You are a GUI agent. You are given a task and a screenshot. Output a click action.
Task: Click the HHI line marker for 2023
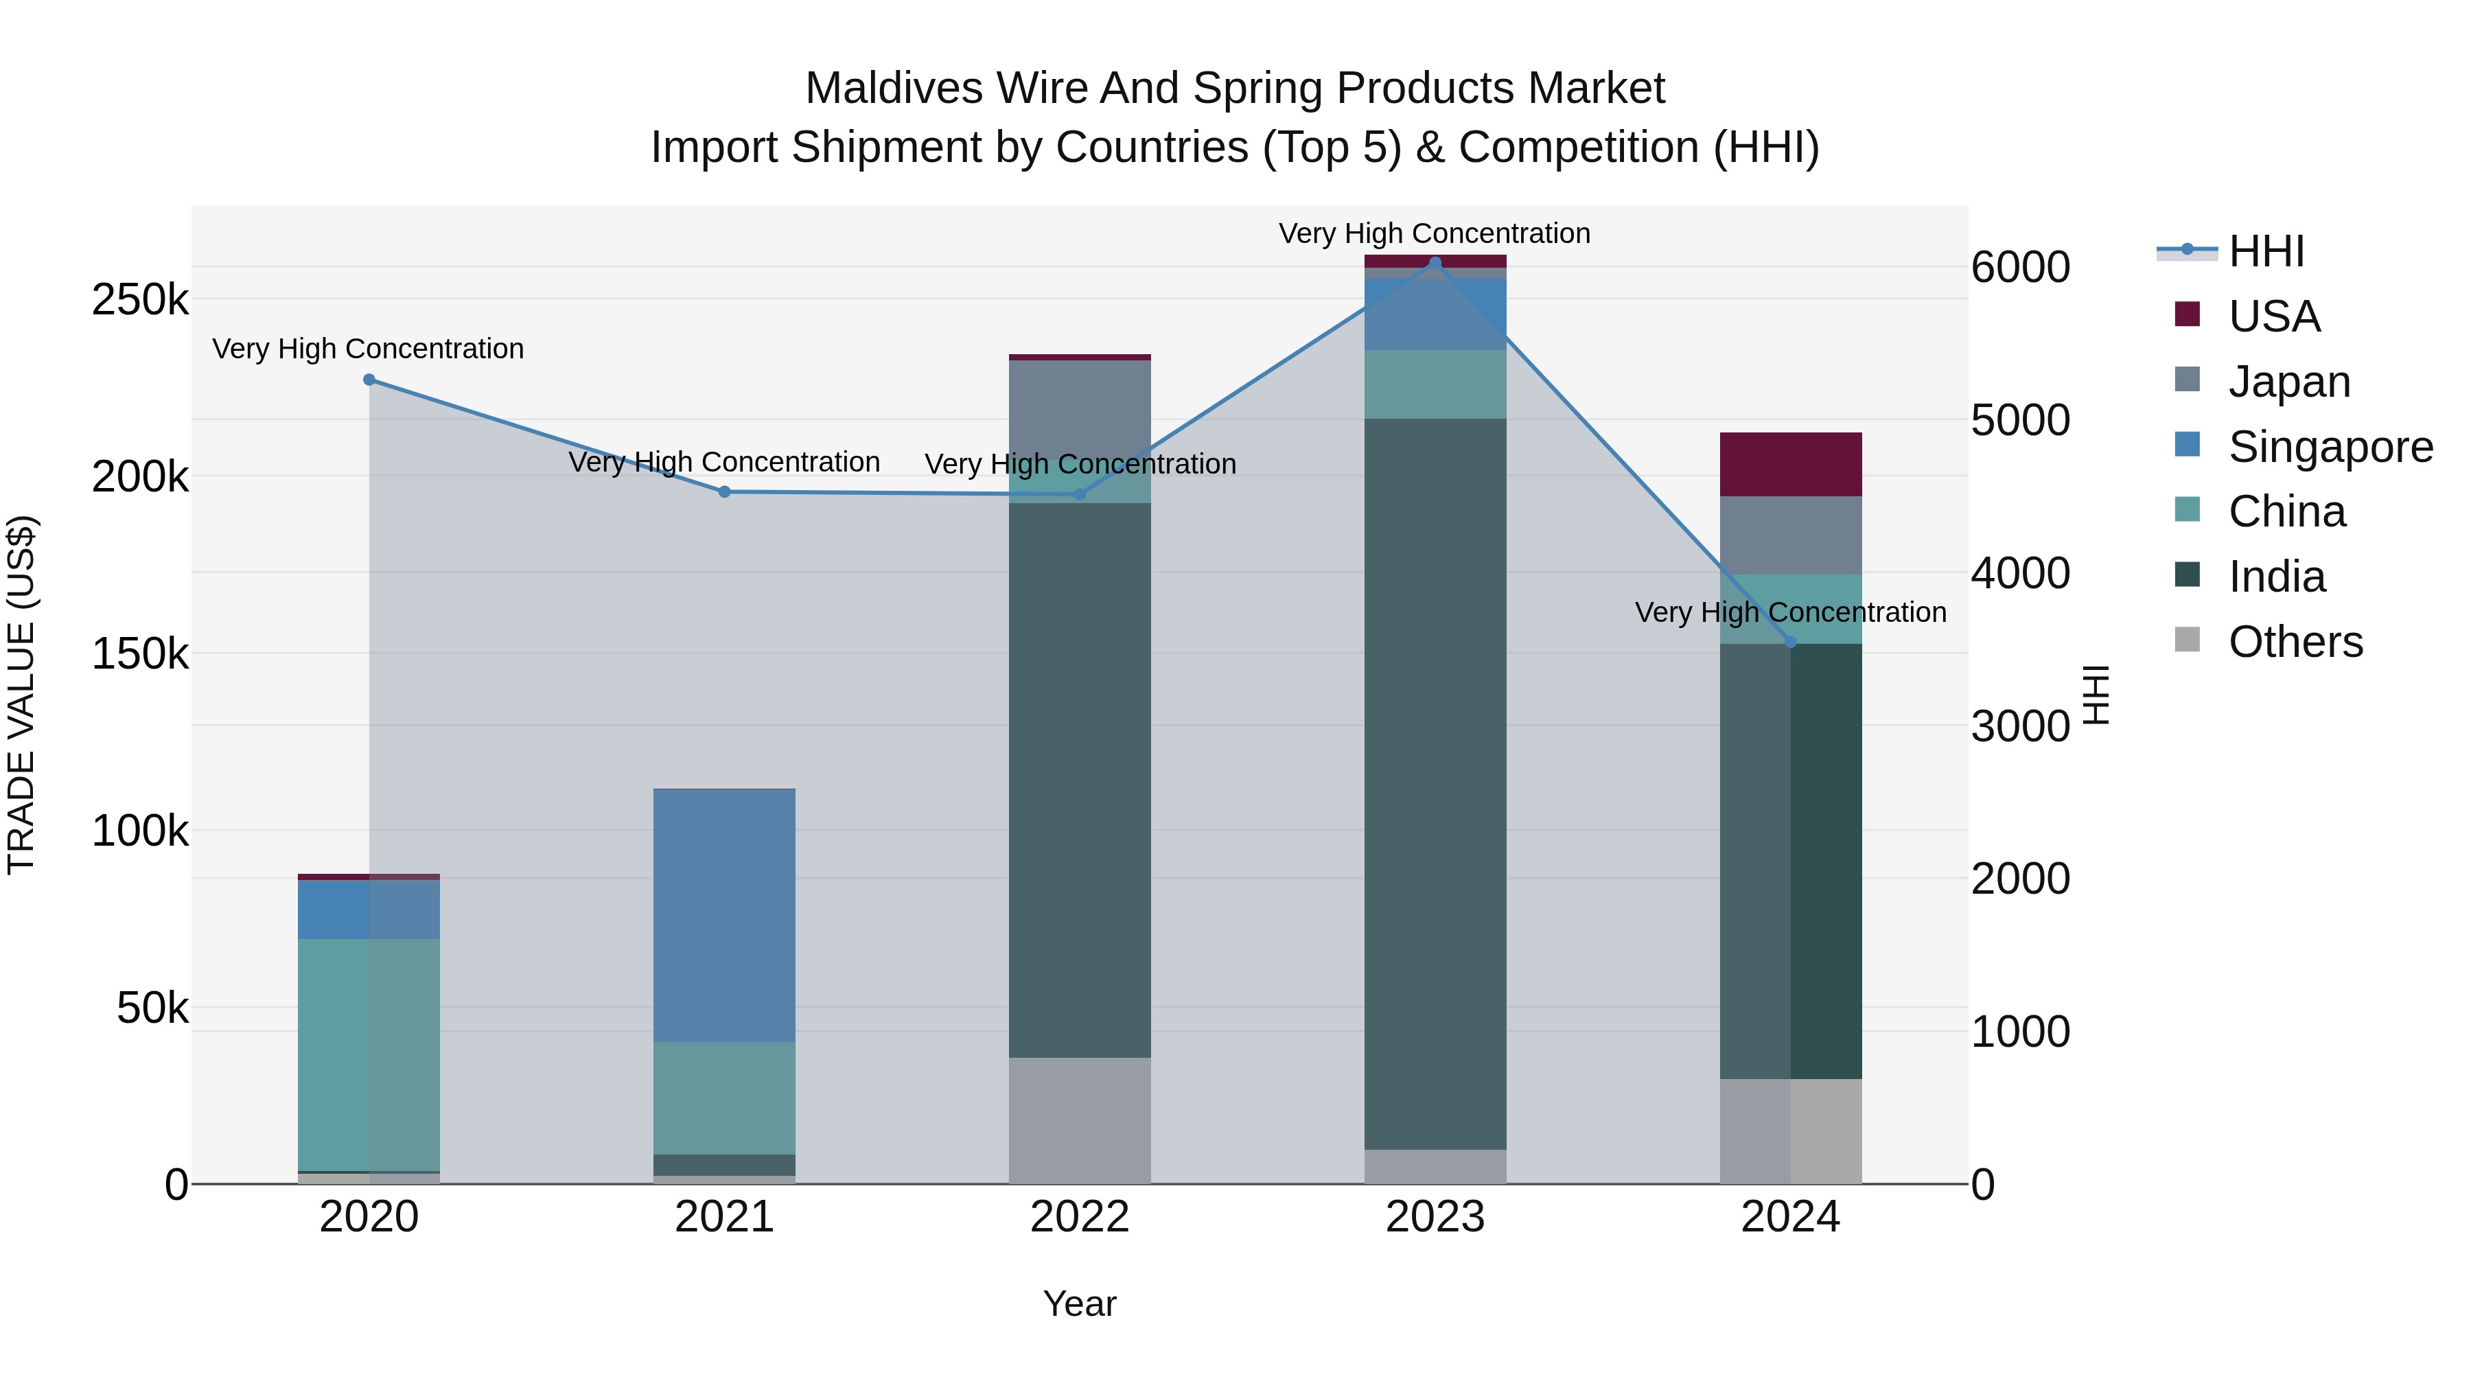point(1435,262)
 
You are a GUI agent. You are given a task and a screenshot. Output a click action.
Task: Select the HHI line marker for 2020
point(369,380)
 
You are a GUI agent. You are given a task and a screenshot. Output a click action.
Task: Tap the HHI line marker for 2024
point(1790,642)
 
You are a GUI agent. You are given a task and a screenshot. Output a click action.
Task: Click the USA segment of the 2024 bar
point(1790,464)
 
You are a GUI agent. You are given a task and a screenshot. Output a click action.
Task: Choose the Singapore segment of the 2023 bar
point(1435,314)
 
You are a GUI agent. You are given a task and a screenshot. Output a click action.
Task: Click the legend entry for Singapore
point(2330,447)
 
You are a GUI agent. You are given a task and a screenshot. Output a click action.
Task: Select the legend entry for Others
point(2295,642)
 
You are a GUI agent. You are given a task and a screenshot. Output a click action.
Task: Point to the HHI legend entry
point(2266,251)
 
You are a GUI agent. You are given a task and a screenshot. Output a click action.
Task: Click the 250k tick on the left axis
point(140,300)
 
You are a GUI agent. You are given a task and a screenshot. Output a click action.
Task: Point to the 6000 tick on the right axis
point(2020,268)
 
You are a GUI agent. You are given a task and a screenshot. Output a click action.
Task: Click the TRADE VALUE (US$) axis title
point(21,695)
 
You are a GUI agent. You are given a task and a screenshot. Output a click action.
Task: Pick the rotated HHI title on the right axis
point(2097,695)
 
